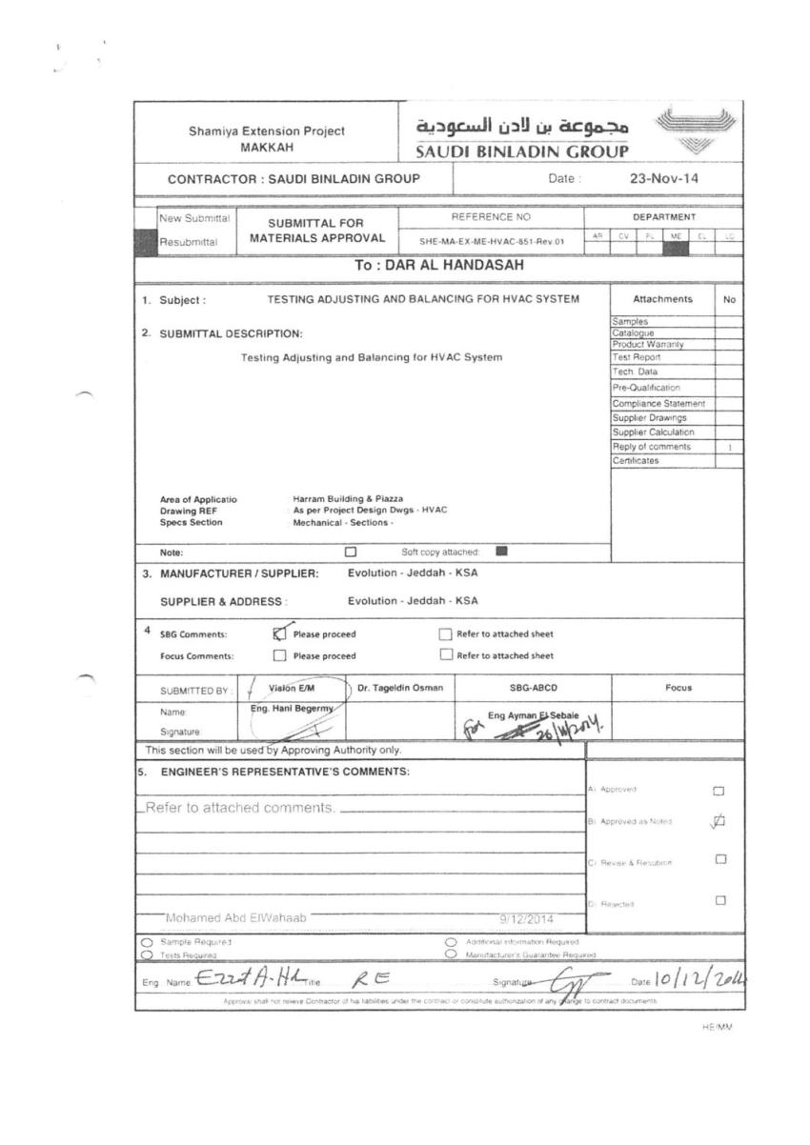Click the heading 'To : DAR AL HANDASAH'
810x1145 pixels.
pos(439,266)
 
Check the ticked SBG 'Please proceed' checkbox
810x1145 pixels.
pos(280,633)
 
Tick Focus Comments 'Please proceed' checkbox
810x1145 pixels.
pos(280,655)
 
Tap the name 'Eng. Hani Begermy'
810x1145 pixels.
pos(279,709)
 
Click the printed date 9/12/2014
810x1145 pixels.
pos(526,919)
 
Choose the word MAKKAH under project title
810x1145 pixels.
pos(267,147)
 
